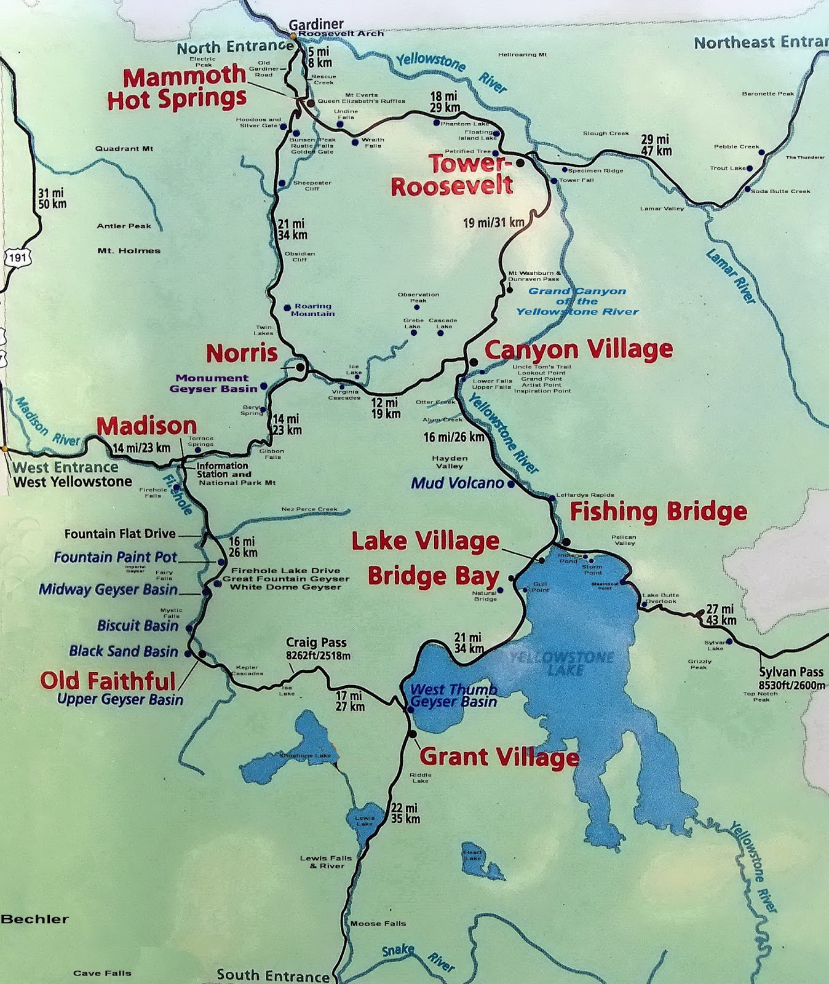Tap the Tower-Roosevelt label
[x=452, y=175]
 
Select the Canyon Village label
[x=578, y=349]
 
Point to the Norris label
[x=242, y=353]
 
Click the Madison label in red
[x=146, y=426]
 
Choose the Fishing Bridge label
[x=658, y=511]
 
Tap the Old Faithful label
[x=108, y=680]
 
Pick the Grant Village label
[x=499, y=756]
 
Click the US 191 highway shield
[x=17, y=257]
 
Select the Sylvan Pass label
[x=791, y=678]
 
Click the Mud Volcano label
[x=458, y=483]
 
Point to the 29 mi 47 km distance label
[x=656, y=145]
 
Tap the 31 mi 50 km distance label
[x=52, y=198]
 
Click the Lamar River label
[x=731, y=276]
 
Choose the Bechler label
[x=34, y=919]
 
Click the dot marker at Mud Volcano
[x=510, y=484]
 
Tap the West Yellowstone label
[x=73, y=482]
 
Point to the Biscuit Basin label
[x=138, y=625]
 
